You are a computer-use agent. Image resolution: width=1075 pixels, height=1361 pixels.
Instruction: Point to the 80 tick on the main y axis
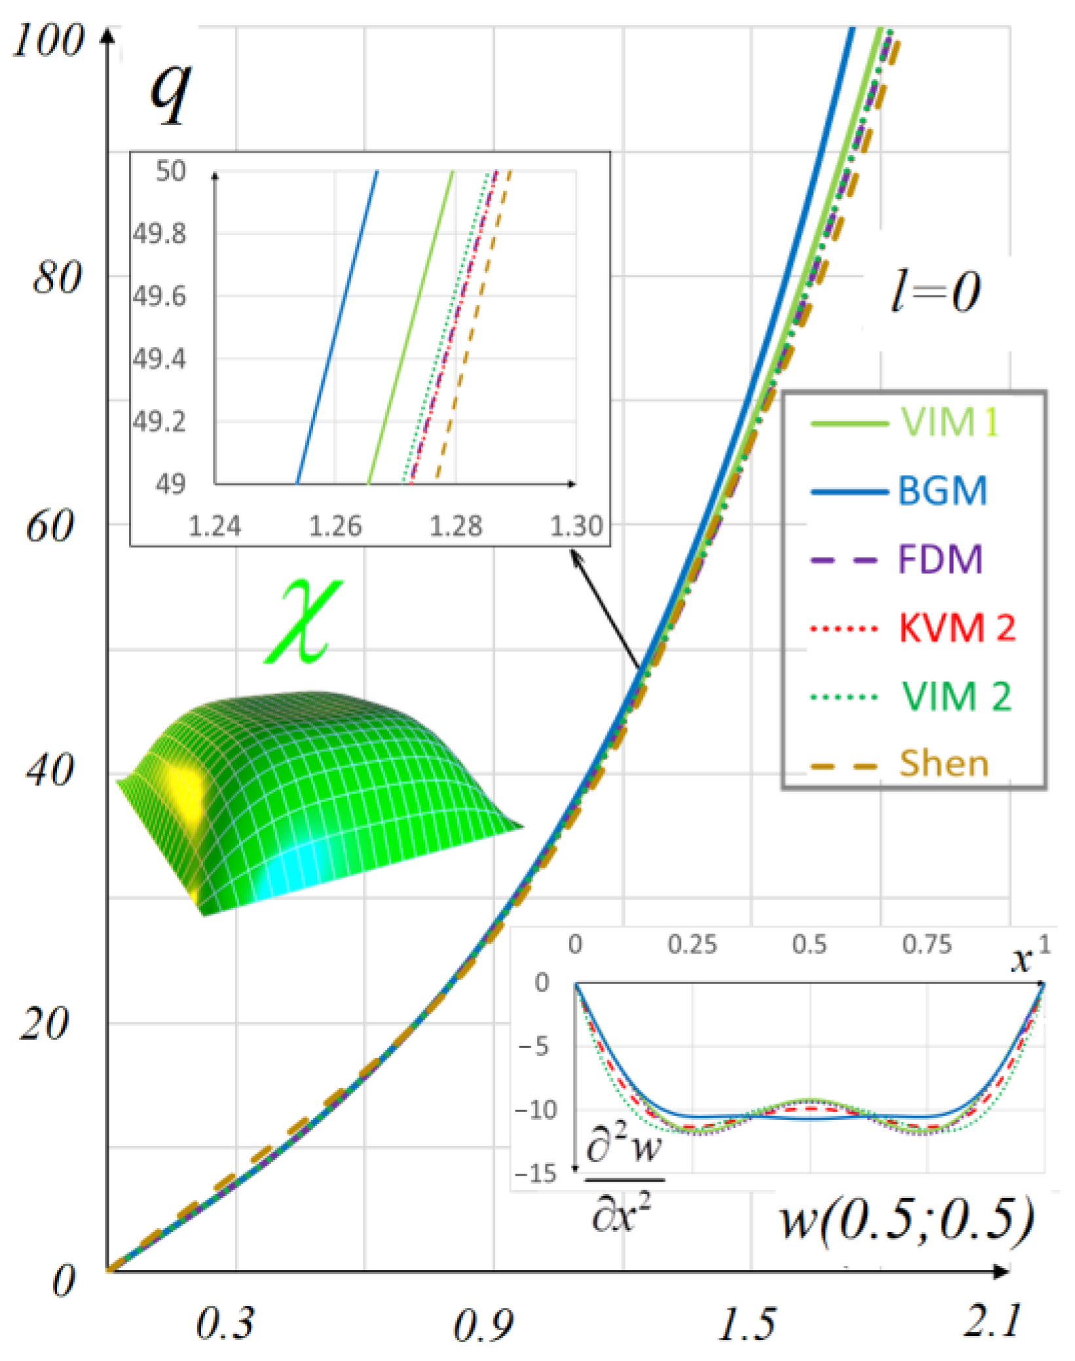click(57, 278)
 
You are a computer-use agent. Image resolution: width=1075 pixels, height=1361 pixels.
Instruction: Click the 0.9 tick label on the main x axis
click(483, 1326)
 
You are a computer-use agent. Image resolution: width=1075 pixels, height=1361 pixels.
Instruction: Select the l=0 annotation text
click(935, 292)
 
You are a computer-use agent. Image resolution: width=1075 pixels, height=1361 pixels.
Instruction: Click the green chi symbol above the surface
click(303, 623)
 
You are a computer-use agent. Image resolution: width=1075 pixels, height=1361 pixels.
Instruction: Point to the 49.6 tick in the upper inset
click(159, 297)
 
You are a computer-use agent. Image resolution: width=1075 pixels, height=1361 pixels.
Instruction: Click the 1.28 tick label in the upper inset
click(455, 526)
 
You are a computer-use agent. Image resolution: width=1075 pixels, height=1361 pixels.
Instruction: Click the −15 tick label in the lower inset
click(535, 1173)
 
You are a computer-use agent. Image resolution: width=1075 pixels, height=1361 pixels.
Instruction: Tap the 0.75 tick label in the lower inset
click(926, 944)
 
